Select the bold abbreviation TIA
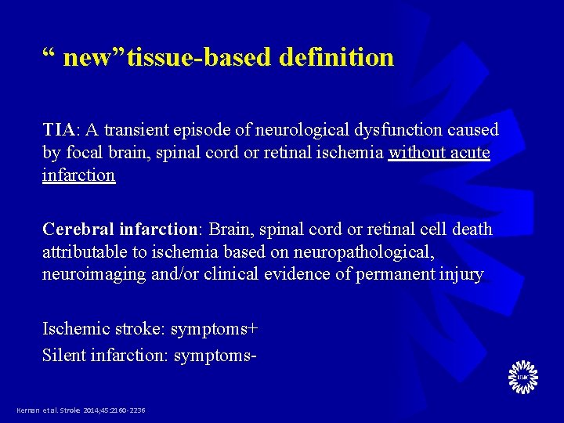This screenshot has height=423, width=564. pos(60,128)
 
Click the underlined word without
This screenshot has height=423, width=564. pos(417,152)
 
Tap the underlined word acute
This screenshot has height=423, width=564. pos(471,152)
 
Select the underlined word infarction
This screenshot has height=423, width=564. pos(78,175)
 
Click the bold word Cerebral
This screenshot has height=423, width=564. pos(78,229)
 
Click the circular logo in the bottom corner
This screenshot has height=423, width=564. pos(522,378)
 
